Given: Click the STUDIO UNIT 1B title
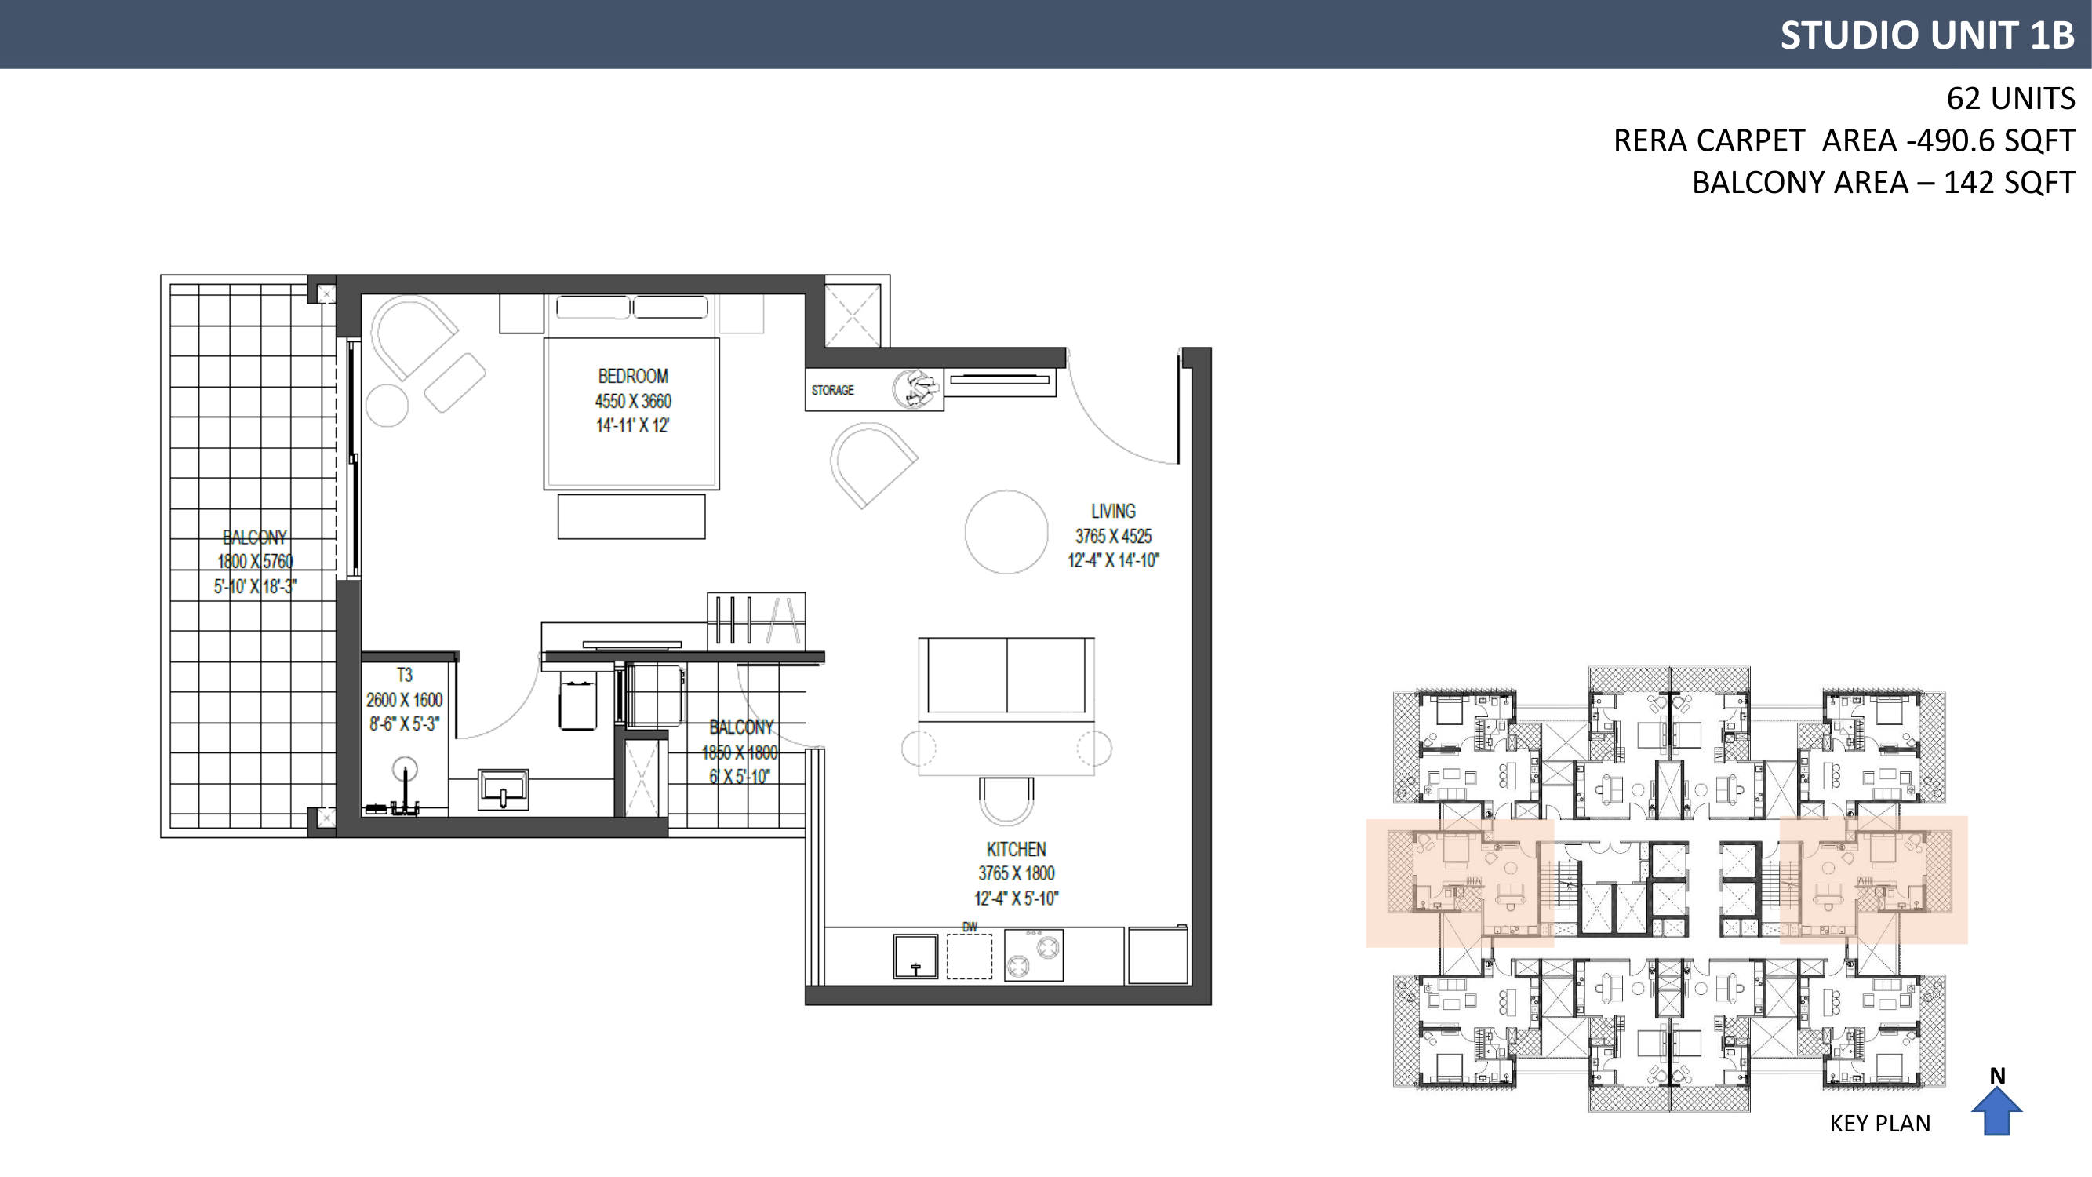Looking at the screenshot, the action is coord(1926,35).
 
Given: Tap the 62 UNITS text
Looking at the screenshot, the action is coord(2010,98).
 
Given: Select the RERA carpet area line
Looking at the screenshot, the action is coord(1843,140).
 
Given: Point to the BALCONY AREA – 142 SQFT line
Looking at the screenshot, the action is coord(1883,183).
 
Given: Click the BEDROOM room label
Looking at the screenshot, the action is coord(633,376).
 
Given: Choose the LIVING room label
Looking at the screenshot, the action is coord(1112,511).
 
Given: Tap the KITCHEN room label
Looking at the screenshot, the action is coord(1016,849).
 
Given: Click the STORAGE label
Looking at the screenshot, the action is coord(832,390).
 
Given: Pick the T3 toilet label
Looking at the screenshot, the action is coord(405,675).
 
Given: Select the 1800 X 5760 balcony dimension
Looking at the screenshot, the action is coord(255,561).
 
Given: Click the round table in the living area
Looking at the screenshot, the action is coord(1006,532).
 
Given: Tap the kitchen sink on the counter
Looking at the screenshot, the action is coord(915,956).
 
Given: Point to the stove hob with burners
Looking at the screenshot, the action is coord(1034,955).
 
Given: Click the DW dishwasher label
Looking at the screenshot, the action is coord(970,927).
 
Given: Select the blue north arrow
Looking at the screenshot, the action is coord(1997,1111).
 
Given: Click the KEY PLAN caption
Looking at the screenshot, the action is coord(1880,1124).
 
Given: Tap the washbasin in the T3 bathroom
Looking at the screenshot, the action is coord(504,789).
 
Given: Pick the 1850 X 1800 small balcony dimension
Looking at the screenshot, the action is coord(740,752).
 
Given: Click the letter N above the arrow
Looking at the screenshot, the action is coord(1998,1077).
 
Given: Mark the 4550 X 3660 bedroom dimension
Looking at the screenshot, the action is coord(633,401).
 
